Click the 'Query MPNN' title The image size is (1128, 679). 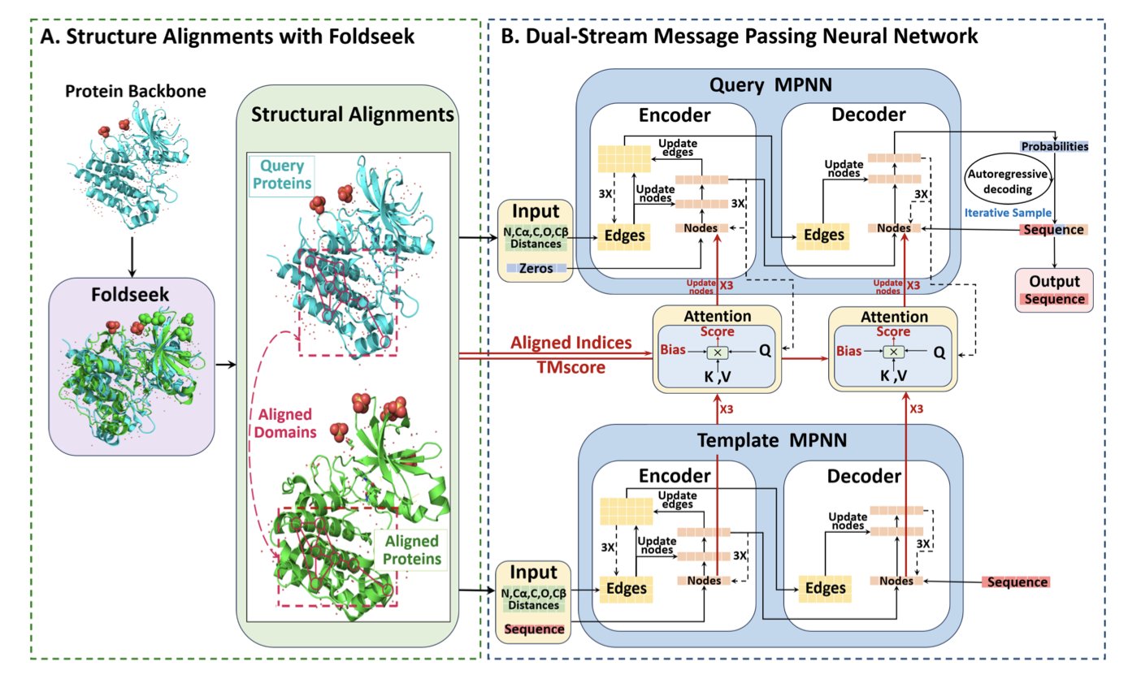tap(745, 85)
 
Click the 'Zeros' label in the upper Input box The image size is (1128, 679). tap(534, 266)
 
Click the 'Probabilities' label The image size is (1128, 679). tap(1055, 146)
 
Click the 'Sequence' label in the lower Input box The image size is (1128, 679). tap(534, 629)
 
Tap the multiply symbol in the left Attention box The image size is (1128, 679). tap(718, 352)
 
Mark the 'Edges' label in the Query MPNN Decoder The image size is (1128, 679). tap(826, 234)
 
